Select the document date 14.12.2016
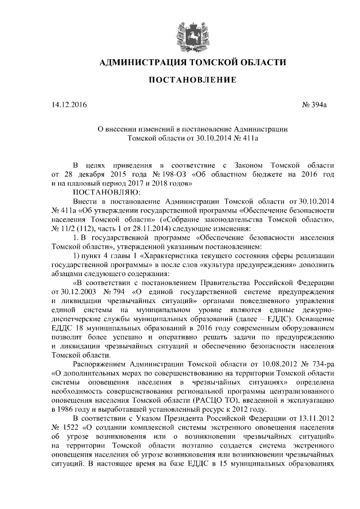[69, 105]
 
